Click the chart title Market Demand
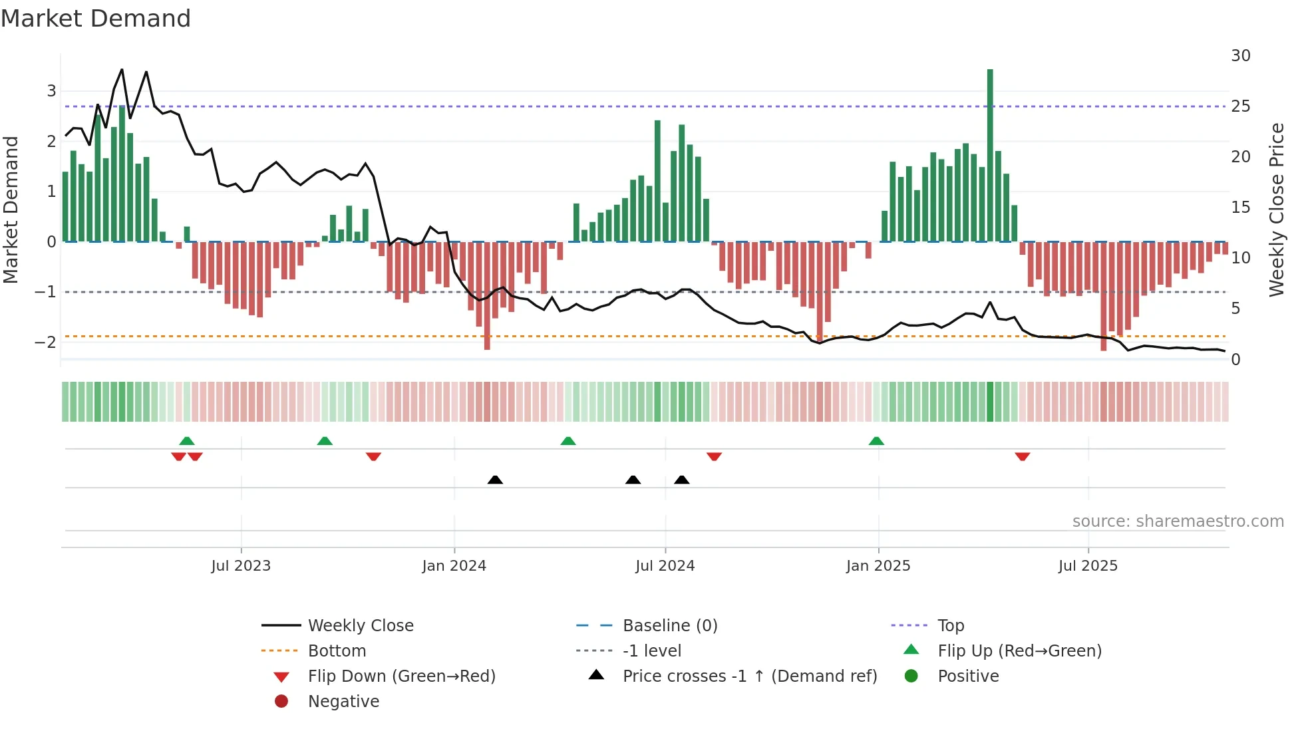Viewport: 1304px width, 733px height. click(x=96, y=19)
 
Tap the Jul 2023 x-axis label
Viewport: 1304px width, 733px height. click(x=241, y=566)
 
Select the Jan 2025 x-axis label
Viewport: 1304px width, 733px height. click(x=878, y=566)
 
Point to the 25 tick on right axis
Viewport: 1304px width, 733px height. click(x=1240, y=106)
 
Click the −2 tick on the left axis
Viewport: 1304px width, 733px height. click(x=45, y=343)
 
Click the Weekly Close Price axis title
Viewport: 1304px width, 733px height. click(x=1276, y=210)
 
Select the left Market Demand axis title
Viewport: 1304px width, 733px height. click(x=11, y=210)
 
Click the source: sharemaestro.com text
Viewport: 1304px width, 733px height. click(x=1178, y=521)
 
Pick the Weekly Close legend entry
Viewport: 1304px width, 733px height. click(x=360, y=626)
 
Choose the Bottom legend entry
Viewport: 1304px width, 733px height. click(x=337, y=651)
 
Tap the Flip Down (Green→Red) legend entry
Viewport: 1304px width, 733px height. click(x=401, y=676)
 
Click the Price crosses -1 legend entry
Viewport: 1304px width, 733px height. click(x=749, y=676)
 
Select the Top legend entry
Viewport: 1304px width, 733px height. click(x=951, y=626)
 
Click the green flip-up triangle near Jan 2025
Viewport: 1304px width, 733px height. click(x=876, y=441)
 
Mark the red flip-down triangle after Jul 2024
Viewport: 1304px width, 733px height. click(x=714, y=456)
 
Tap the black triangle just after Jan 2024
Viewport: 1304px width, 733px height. click(x=495, y=480)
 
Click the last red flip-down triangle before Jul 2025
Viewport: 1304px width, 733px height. click(x=1023, y=456)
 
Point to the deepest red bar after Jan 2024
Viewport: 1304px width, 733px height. click(x=487, y=296)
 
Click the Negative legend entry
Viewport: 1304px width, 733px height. click(x=343, y=702)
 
